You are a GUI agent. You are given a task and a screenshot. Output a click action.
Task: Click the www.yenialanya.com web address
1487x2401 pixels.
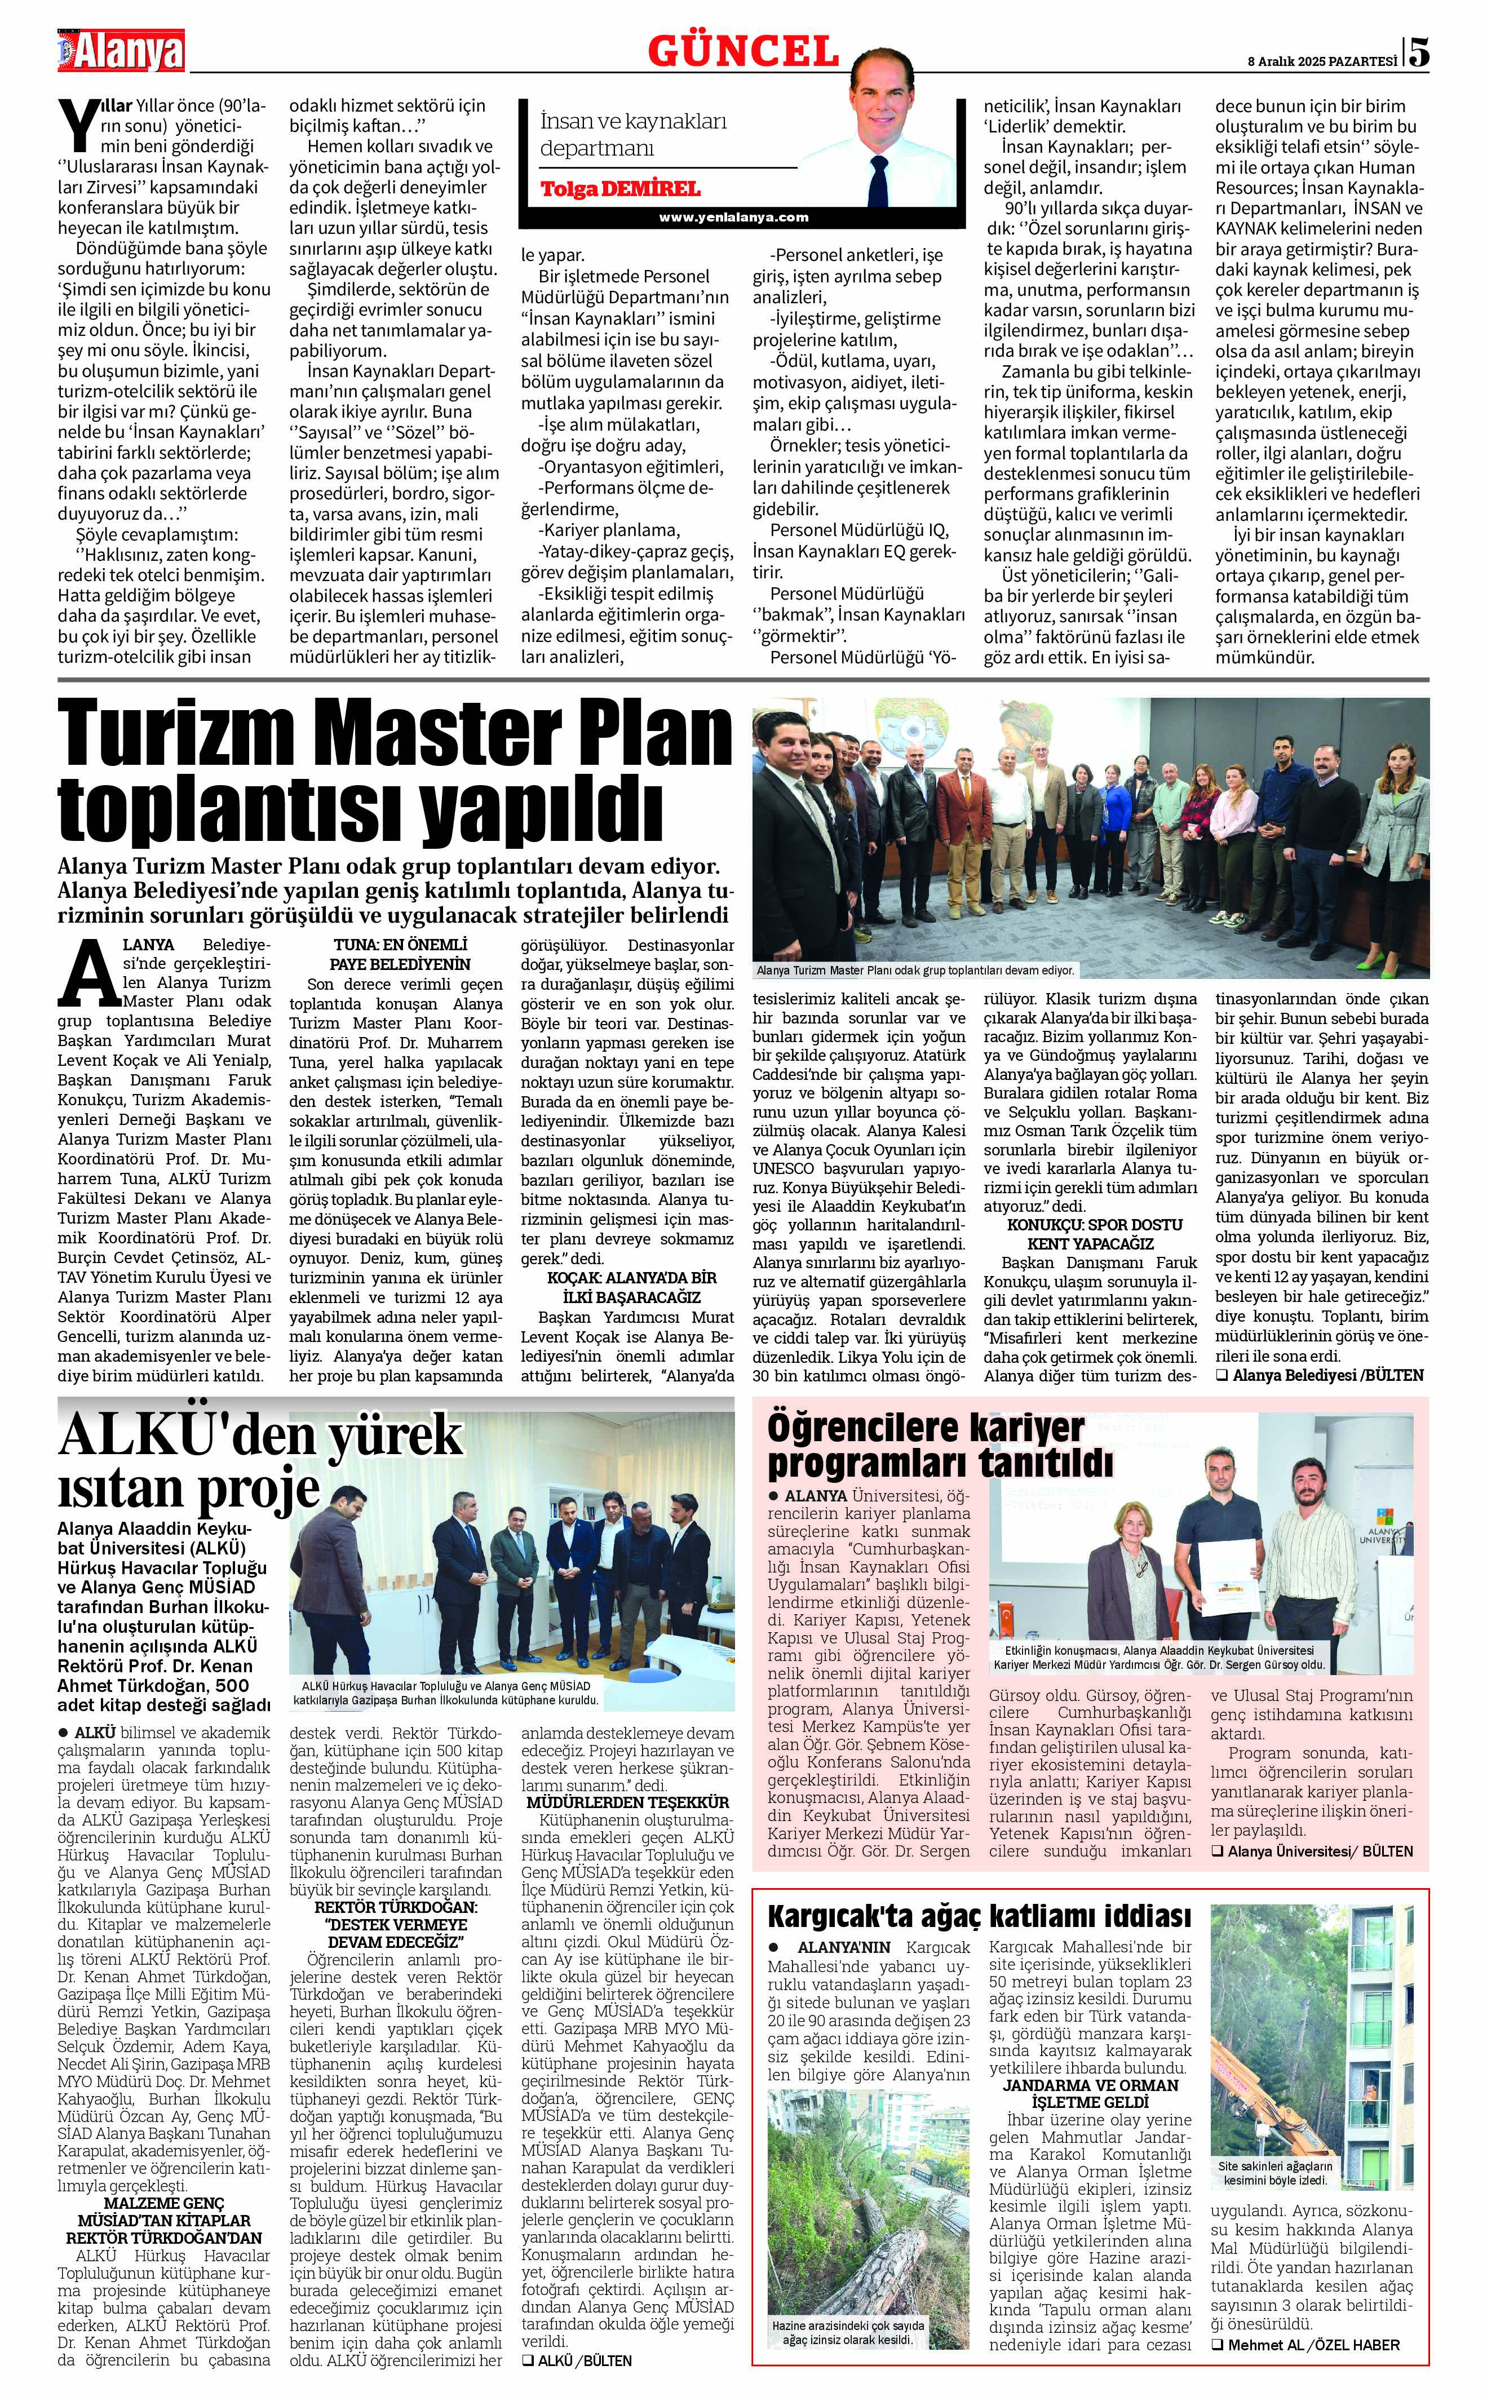click(733, 218)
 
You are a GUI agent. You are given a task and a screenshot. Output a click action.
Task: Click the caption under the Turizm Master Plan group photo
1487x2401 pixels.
click(915, 969)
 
